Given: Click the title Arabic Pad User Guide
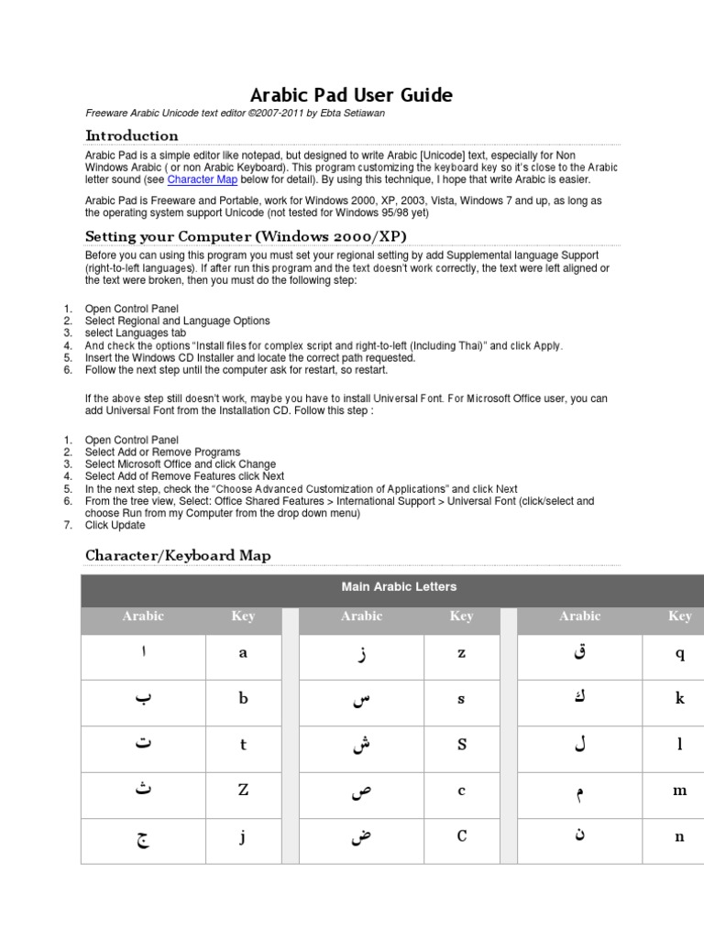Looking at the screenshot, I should coord(351,95).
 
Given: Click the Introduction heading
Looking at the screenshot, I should coord(131,136).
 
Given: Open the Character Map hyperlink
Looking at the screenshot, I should coord(203,180).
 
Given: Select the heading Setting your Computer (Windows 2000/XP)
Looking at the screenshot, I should coord(246,235).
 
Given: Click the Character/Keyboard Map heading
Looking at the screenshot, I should coord(178,555).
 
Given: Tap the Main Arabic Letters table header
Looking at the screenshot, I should coord(398,586).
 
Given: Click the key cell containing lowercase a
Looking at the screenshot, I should coord(243,653).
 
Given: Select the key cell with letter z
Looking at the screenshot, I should coord(461,653).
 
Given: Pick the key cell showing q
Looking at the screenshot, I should coord(679,653).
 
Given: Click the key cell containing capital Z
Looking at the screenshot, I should coord(243,791).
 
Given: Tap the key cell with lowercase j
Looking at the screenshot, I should coord(243,836).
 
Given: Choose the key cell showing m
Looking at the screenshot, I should coord(679,791).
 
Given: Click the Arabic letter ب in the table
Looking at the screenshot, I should coord(143,699).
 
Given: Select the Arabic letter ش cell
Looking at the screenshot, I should coord(361,745).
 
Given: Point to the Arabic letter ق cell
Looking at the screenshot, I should coord(579,653).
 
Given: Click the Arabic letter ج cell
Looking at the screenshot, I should coord(143,836).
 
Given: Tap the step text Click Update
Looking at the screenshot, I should coord(115,526).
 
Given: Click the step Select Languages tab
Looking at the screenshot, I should coord(137,333).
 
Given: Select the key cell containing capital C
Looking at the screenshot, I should coord(461,836).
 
